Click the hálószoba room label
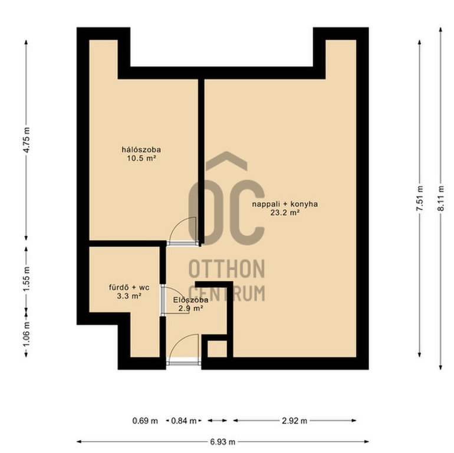[142, 150]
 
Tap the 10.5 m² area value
[142, 158]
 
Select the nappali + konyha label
[285, 204]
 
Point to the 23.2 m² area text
[285, 212]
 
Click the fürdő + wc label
[129, 288]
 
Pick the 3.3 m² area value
[129, 296]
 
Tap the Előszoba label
[190, 300]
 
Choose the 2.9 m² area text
[190, 308]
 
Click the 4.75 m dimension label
[27, 140]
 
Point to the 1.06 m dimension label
[27, 334]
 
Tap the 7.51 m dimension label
[420, 198]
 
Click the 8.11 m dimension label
[440, 198]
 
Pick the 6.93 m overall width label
[222, 442]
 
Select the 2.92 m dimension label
[294, 421]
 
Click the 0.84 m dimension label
[183, 421]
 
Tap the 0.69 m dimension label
[145, 421]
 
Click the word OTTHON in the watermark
[227, 269]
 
